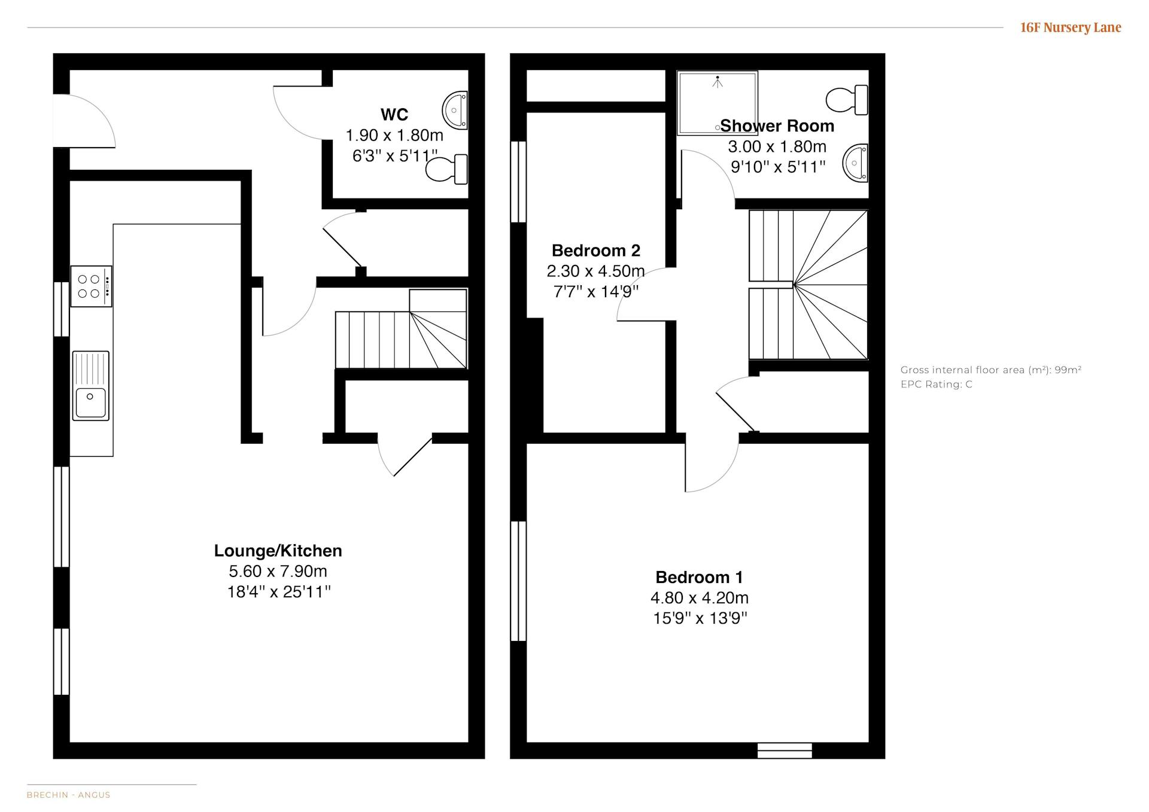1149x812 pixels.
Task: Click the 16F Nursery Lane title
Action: [1071, 28]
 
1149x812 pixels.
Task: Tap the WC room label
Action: [394, 114]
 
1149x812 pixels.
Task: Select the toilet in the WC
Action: [446, 169]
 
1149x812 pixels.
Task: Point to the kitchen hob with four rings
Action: [91, 286]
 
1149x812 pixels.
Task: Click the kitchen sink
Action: [91, 386]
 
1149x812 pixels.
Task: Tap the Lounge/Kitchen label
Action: [278, 551]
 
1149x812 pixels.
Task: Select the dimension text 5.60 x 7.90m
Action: [278, 571]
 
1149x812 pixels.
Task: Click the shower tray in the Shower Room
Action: [718, 103]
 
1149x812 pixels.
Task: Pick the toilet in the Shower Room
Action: [847, 100]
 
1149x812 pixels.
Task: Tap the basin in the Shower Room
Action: [855, 162]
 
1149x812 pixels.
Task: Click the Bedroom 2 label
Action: [596, 251]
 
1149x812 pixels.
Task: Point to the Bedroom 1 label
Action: [700, 578]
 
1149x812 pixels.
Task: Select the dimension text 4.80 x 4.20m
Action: [700, 598]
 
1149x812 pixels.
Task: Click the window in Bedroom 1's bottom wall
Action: [785, 750]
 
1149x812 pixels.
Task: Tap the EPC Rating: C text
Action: [937, 384]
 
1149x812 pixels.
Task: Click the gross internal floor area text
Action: [991, 370]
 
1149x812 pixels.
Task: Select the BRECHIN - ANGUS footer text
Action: [69, 795]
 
